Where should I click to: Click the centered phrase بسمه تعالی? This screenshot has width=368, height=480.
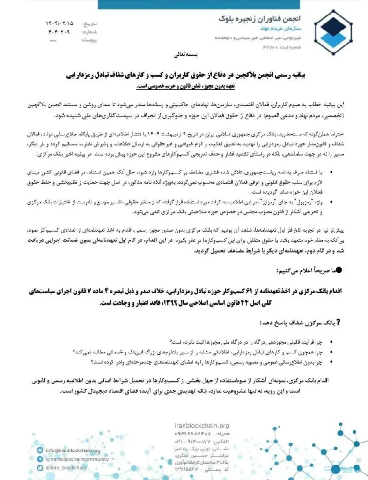click(186, 55)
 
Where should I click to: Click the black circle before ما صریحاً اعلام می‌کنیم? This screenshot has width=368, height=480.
click(339, 270)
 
